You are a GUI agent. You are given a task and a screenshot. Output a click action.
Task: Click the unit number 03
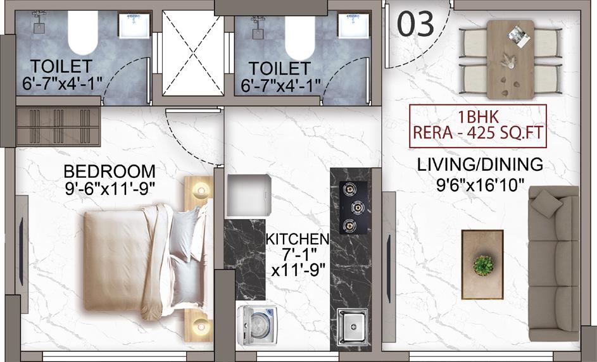click(x=415, y=23)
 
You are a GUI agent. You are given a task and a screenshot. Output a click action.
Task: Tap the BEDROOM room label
click(x=110, y=172)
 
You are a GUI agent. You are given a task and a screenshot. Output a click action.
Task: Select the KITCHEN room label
click(x=298, y=239)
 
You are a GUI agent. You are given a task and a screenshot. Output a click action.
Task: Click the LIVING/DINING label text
click(x=480, y=165)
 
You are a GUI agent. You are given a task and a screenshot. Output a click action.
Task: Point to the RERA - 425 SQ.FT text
click(x=478, y=133)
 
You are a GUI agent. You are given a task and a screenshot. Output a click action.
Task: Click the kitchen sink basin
click(x=353, y=326)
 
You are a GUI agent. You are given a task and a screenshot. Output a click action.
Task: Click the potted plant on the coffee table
click(x=484, y=265)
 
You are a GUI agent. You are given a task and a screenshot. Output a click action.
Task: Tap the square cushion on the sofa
click(x=546, y=204)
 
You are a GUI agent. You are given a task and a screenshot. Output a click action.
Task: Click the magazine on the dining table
click(x=519, y=36)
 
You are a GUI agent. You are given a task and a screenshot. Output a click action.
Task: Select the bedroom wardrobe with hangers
click(x=58, y=127)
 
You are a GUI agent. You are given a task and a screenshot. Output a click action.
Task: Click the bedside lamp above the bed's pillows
click(x=201, y=189)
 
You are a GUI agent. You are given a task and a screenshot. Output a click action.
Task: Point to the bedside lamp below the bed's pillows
click(x=201, y=326)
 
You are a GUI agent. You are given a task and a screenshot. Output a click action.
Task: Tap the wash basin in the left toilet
click(x=134, y=25)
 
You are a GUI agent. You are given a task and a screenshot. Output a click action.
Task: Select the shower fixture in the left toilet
click(x=39, y=23)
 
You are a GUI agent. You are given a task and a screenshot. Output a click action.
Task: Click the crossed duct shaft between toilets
click(x=193, y=53)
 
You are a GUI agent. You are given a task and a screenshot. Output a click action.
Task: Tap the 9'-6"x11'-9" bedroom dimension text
click(x=110, y=188)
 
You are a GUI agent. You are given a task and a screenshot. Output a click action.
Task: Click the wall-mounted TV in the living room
click(x=389, y=269)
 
